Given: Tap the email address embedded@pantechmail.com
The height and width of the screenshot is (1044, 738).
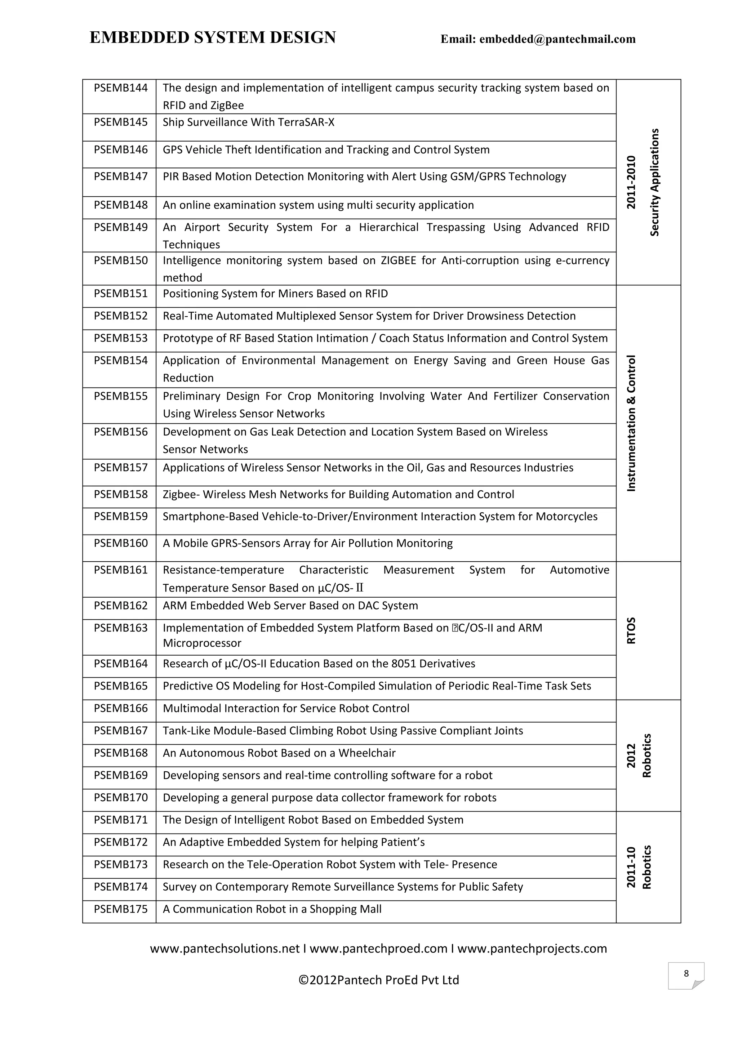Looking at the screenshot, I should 557,40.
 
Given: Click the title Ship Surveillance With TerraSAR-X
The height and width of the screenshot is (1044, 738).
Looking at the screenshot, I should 248,122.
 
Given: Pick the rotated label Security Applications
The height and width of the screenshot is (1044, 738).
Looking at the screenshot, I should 654,182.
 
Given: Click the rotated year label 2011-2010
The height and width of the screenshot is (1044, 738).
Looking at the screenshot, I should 631,182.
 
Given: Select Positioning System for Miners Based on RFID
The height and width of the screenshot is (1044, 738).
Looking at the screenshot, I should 275,294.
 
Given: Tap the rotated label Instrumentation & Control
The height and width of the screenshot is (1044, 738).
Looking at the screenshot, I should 631,423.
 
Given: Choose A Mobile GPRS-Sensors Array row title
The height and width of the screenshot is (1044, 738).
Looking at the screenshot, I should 308,543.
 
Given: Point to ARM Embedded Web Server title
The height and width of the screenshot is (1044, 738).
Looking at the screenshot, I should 290,606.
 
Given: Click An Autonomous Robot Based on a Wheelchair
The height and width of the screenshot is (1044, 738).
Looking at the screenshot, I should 279,753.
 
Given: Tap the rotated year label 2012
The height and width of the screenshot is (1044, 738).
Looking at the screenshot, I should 631,756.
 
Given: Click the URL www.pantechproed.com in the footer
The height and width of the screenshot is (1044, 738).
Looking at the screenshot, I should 378,949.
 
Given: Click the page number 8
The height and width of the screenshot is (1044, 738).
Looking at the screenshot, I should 686,973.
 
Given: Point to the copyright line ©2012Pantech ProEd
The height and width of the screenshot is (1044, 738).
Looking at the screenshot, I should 378,980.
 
